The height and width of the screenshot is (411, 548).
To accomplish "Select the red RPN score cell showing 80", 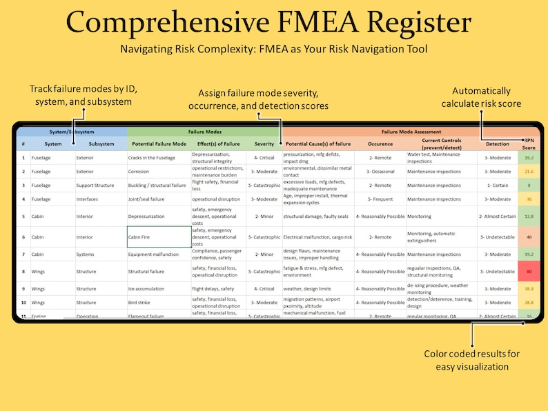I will tap(529, 272).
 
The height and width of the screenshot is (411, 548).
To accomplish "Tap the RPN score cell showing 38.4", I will tap(529, 289).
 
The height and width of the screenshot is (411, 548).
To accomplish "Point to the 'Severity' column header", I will tap(264, 144).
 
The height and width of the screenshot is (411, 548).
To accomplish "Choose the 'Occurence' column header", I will tap(380, 144).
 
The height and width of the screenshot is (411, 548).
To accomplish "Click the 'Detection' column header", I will tap(498, 144).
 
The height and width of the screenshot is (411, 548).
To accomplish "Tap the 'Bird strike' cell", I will tap(142, 303).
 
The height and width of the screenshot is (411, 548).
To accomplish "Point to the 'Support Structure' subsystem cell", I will tap(97, 186).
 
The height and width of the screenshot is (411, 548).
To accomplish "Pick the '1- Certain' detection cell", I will tap(498, 186).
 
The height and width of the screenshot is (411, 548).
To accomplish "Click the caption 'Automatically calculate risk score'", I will tap(482, 97).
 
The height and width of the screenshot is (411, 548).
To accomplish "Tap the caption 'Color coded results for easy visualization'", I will tap(473, 360).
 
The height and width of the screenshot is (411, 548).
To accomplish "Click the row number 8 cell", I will tap(23, 272).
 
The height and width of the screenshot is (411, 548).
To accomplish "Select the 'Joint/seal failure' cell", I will tap(150, 199).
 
